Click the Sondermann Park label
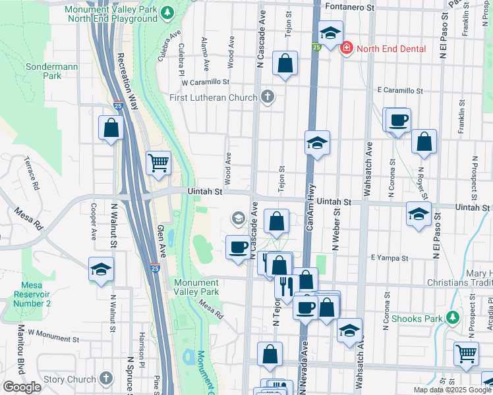(43, 71)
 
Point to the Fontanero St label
(351, 7)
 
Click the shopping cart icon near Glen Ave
(159, 162)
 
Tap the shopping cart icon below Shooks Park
(467, 353)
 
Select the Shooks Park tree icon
(452, 318)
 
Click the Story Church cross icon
(107, 379)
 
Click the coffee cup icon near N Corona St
(399, 120)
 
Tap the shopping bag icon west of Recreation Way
(111, 128)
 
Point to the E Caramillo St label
(399, 90)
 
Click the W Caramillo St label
(205, 83)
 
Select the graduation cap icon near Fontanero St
(330, 32)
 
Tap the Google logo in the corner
(21, 387)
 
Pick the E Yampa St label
(386, 257)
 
